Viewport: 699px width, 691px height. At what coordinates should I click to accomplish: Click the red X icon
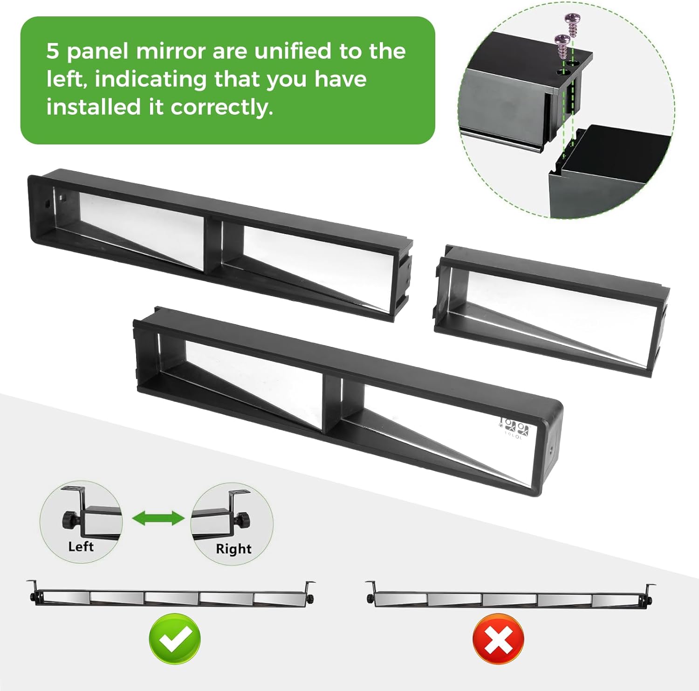498,639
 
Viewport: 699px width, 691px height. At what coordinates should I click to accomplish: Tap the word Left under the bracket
81,546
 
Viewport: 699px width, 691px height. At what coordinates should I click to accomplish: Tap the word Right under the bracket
233,549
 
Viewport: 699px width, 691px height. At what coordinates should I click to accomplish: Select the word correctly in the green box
222,108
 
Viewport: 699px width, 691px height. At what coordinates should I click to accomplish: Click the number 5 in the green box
53,51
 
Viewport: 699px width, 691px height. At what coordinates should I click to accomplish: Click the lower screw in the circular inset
562,46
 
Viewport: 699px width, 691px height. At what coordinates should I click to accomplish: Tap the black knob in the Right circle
243,519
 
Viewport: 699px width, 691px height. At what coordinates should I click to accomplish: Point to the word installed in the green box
94,107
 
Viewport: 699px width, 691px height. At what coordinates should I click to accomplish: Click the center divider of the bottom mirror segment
332,405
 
